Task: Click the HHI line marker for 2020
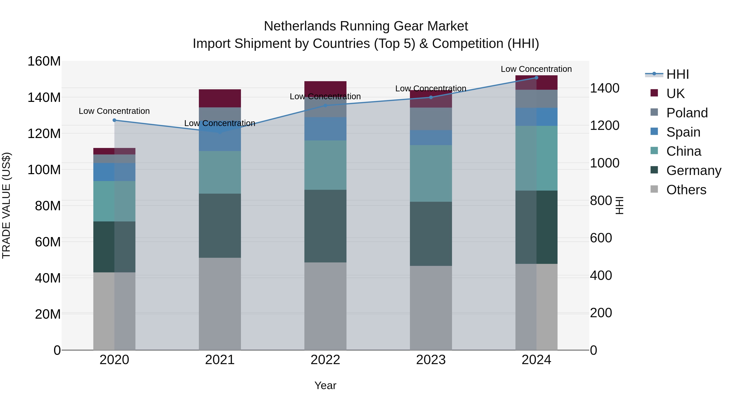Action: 114,120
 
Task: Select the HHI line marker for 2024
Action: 536,78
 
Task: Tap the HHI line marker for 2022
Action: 325,106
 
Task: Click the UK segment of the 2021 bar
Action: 220,98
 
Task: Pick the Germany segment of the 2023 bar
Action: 431,234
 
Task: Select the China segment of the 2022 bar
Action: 325,165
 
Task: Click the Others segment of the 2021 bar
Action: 220,303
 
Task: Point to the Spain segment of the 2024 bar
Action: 536,117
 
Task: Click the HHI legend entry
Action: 678,74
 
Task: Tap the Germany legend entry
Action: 693,170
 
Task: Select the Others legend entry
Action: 686,190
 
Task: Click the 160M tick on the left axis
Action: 44,61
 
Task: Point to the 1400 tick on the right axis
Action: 605,88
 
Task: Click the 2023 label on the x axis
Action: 431,360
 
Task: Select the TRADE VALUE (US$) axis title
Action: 6,205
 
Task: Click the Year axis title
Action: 325,385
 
